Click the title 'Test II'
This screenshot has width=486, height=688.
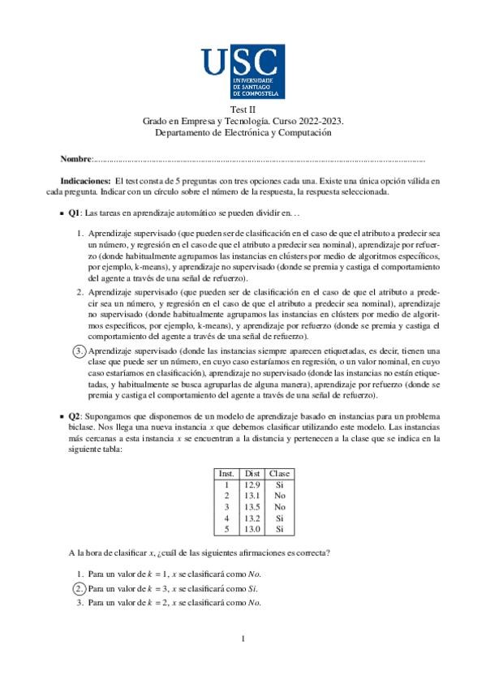click(x=243, y=110)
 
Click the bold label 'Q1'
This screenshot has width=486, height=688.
click(x=73, y=213)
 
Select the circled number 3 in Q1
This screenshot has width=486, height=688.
click(x=80, y=350)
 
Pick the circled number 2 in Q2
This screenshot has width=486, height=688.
click(x=80, y=587)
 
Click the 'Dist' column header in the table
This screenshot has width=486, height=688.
click(x=252, y=473)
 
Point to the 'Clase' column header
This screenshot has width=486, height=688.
click(x=279, y=473)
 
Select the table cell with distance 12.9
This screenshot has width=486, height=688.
click(x=252, y=484)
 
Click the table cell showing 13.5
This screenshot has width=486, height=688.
click(x=252, y=507)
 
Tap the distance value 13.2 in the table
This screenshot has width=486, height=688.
click(x=252, y=518)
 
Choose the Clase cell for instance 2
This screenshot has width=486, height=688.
click(x=279, y=496)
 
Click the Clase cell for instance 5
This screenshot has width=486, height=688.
click(x=279, y=530)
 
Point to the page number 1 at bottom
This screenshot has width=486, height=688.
click(x=243, y=639)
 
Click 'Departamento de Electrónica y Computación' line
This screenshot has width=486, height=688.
click(x=243, y=131)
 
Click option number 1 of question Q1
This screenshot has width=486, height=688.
click(x=80, y=234)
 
